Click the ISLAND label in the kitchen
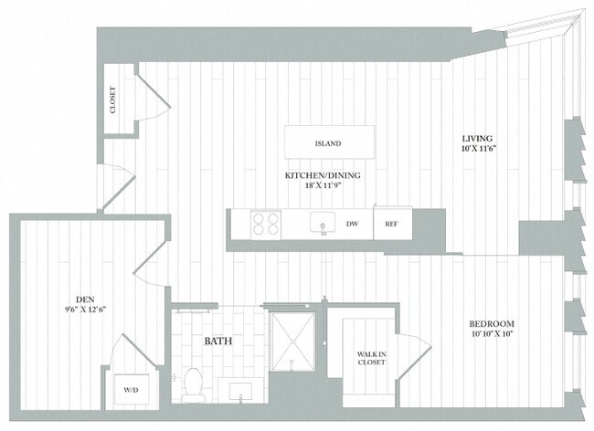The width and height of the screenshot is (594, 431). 327,144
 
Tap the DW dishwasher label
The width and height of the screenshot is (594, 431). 352,224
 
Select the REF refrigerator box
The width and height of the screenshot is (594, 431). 390,224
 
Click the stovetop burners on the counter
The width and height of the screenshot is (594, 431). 265,224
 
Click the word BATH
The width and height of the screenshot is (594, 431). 217,342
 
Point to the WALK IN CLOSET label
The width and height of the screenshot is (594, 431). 370,358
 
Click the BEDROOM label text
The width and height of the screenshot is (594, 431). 492,324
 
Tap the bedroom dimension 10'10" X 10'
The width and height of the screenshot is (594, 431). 492,335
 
